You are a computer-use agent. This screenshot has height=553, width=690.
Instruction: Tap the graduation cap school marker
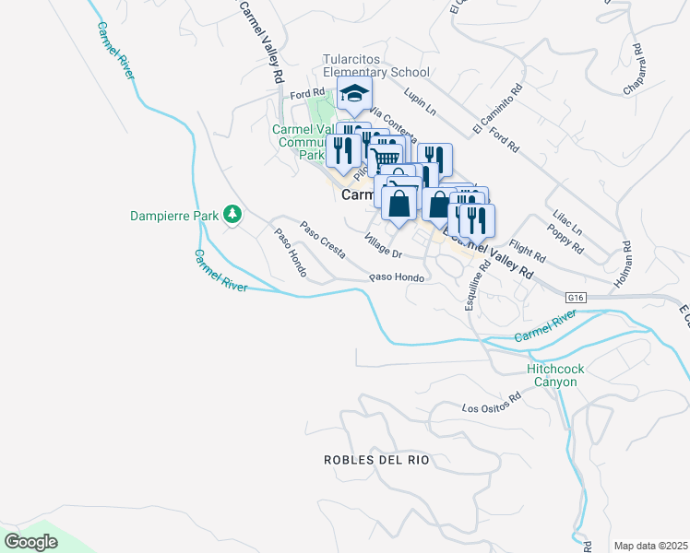pos(353,93)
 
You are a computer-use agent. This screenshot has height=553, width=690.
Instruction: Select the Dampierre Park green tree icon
pos(234,216)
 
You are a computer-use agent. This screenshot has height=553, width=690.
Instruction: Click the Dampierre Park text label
pos(174,216)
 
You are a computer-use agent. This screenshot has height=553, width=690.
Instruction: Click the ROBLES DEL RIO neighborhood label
pos(376,459)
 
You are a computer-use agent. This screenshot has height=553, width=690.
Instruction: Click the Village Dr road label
pos(384,247)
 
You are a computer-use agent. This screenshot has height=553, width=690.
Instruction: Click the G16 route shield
pos(577,297)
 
